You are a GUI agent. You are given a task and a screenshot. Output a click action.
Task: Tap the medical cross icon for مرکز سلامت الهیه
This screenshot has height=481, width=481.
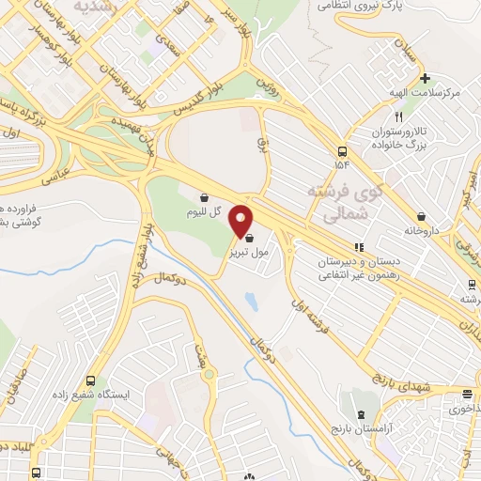click(x=426, y=78)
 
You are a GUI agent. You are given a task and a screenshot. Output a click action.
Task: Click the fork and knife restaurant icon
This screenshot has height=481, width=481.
click(x=398, y=117)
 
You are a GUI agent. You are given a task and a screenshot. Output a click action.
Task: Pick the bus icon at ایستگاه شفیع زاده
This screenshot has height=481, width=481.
click(x=91, y=380)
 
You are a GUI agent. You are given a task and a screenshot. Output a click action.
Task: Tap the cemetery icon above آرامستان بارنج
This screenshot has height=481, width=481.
click(x=360, y=414)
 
